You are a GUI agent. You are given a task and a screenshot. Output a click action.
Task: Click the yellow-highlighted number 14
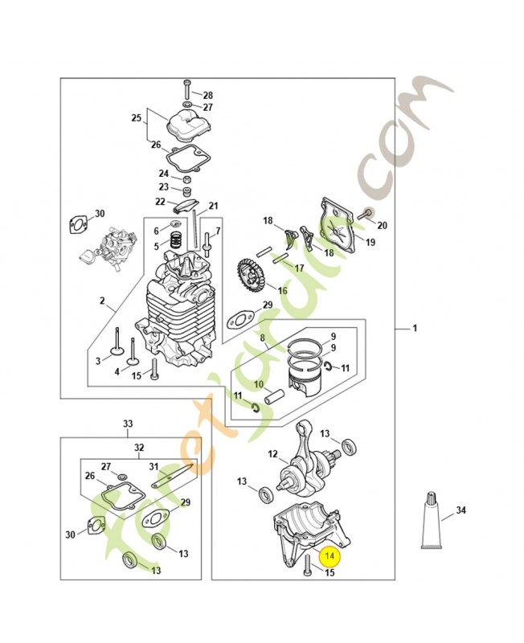330,555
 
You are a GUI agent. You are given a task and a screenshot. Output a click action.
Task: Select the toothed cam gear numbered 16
252,277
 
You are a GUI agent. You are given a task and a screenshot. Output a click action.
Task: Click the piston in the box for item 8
305,379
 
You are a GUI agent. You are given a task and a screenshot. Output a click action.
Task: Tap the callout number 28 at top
207,95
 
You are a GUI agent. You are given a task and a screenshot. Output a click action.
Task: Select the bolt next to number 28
186,88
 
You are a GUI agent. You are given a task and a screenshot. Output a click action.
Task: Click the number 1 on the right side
415,329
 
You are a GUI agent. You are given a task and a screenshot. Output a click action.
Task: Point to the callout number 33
127,423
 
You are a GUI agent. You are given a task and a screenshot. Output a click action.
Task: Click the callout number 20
382,225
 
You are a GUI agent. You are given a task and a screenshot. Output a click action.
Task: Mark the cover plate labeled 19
337,229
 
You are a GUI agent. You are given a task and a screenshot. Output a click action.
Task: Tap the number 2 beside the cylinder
102,301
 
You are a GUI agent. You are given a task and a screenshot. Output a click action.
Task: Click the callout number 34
461,510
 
